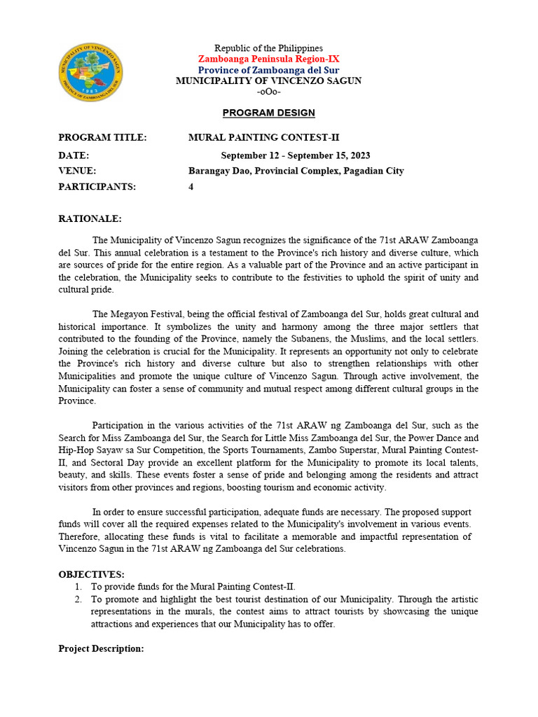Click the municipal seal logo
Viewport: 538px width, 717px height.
click(x=90, y=73)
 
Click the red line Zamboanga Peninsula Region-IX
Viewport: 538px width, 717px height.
click(x=268, y=60)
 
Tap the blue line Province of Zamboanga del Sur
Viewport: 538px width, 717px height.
click(x=268, y=70)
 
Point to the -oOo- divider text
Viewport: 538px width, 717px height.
click(x=268, y=92)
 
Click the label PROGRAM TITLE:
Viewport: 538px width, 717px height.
click(x=102, y=137)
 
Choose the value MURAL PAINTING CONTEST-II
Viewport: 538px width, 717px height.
click(x=264, y=137)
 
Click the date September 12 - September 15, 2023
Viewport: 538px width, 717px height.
click(x=296, y=155)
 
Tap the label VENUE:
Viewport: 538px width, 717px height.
click(x=77, y=171)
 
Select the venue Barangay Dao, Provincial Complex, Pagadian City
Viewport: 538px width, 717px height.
click(x=296, y=171)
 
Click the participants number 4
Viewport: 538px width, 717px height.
click(x=191, y=187)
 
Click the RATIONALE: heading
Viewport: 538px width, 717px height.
click(x=90, y=218)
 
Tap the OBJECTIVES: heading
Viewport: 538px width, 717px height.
click(x=91, y=575)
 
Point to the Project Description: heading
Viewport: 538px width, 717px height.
click(x=101, y=649)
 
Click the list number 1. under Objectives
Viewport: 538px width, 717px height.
click(x=78, y=586)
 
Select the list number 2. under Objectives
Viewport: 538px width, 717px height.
click(x=78, y=599)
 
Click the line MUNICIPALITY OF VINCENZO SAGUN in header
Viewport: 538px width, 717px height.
click(x=268, y=81)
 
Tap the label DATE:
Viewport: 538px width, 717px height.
click(x=74, y=155)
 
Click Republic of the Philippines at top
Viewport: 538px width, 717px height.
click(x=268, y=48)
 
